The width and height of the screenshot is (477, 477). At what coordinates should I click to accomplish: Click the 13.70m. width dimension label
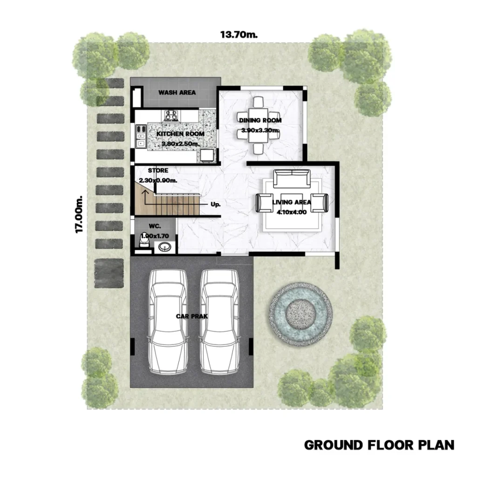pyautogui.click(x=239, y=34)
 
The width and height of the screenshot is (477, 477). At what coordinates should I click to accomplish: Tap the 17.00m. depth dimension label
pyautogui.click(x=79, y=214)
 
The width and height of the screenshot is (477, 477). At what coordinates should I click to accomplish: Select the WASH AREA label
pyautogui.click(x=177, y=93)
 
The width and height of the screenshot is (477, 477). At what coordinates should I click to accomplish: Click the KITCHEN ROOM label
pyautogui.click(x=180, y=134)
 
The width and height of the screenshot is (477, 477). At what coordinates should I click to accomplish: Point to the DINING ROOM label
pyautogui.click(x=260, y=121)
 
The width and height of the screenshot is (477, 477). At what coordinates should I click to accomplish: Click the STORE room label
pyautogui.click(x=158, y=170)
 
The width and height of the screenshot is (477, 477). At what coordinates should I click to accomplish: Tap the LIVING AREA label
pyautogui.click(x=292, y=202)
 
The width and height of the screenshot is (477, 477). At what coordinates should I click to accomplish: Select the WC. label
pyautogui.click(x=155, y=226)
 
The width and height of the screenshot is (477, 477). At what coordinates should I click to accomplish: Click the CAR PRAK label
pyautogui.click(x=192, y=316)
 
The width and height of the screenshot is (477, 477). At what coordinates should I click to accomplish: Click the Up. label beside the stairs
pyautogui.click(x=216, y=204)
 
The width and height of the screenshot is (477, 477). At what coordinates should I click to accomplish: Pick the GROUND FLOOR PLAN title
pyautogui.click(x=379, y=445)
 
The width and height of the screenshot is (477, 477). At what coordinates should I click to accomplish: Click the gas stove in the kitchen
pyautogui.click(x=171, y=116)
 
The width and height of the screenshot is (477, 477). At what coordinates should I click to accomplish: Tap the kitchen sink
pyautogui.click(x=141, y=136)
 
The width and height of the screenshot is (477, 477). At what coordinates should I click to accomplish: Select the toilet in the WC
pyautogui.click(x=144, y=240)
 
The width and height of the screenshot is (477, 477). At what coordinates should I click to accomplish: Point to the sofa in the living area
pyautogui.click(x=292, y=178)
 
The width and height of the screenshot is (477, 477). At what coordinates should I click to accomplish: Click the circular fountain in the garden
pyautogui.click(x=300, y=314)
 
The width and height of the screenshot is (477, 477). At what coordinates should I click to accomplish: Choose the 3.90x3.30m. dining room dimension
pyautogui.click(x=260, y=130)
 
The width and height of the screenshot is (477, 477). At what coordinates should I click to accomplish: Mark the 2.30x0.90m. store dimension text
pyautogui.click(x=158, y=180)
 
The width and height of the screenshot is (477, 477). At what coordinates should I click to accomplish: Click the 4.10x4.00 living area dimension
pyautogui.click(x=292, y=212)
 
